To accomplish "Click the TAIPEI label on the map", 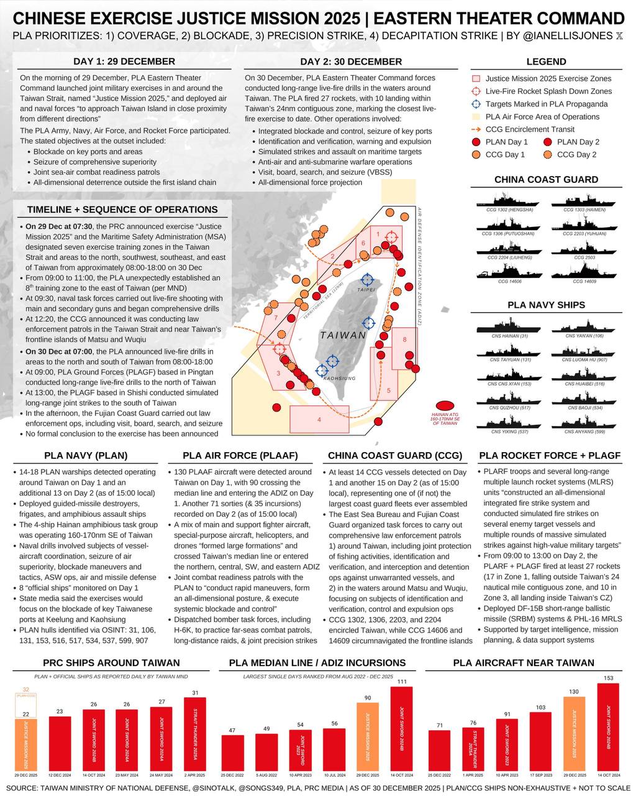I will pos(366,290).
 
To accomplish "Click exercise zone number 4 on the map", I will pos(319,420).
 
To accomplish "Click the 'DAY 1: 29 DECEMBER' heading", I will pos(124,61).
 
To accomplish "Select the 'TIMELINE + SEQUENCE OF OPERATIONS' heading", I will pos(122,210).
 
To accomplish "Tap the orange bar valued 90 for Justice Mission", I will pos(368,737).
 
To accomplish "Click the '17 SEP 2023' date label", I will pos(540,775).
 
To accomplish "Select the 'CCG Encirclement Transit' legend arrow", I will pos(476,129).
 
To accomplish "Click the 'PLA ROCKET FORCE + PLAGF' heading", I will pos(550,455).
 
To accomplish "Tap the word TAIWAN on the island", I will pos(343,335).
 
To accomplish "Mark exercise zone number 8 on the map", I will pos(404,340).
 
